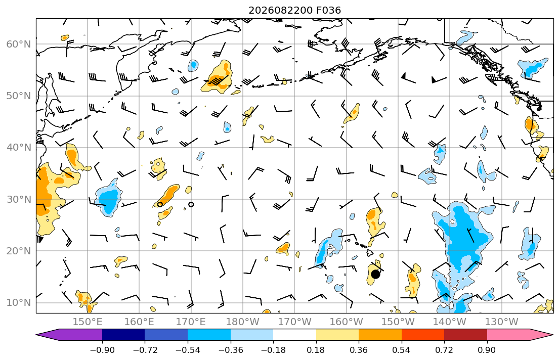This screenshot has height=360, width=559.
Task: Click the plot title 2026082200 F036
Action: (294, 10)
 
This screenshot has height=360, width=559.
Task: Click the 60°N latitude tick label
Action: (19, 44)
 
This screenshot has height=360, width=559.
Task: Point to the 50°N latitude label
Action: (19, 96)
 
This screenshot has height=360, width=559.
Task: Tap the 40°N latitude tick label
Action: (19, 148)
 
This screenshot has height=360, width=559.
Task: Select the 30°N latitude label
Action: (19, 199)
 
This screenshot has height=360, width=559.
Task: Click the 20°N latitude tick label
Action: (19, 251)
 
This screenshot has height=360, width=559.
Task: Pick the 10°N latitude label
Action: (19, 303)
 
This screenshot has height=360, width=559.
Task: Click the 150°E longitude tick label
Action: (88, 322)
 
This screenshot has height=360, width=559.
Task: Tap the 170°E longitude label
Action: (191, 322)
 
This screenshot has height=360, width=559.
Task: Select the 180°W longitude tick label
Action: (243, 322)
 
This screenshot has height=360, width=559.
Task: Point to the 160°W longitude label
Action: (346, 322)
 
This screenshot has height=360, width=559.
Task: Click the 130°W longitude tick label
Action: (502, 322)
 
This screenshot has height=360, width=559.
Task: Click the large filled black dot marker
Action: (375, 274)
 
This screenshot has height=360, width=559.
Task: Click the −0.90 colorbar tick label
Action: (102, 350)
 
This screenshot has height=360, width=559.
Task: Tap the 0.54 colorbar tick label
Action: (402, 350)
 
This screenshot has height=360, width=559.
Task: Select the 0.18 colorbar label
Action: (316, 350)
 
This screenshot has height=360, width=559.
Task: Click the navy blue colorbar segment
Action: (123, 335)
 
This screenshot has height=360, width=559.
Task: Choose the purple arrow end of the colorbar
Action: (69, 335)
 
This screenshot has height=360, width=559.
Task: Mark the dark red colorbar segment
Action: (465, 335)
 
